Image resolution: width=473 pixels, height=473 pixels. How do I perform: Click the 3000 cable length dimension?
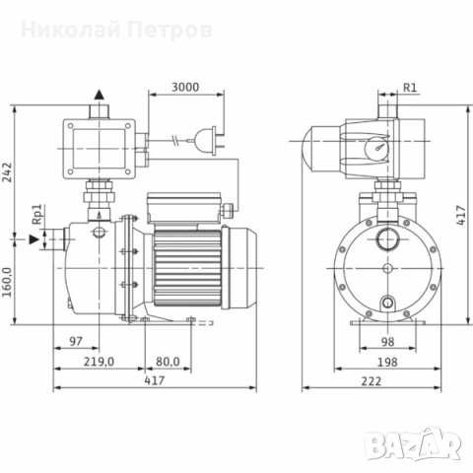183,87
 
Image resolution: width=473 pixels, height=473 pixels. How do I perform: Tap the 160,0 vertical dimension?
10,288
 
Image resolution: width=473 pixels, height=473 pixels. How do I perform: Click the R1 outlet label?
412,87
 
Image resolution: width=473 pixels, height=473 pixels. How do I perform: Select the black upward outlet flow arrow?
98,97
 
